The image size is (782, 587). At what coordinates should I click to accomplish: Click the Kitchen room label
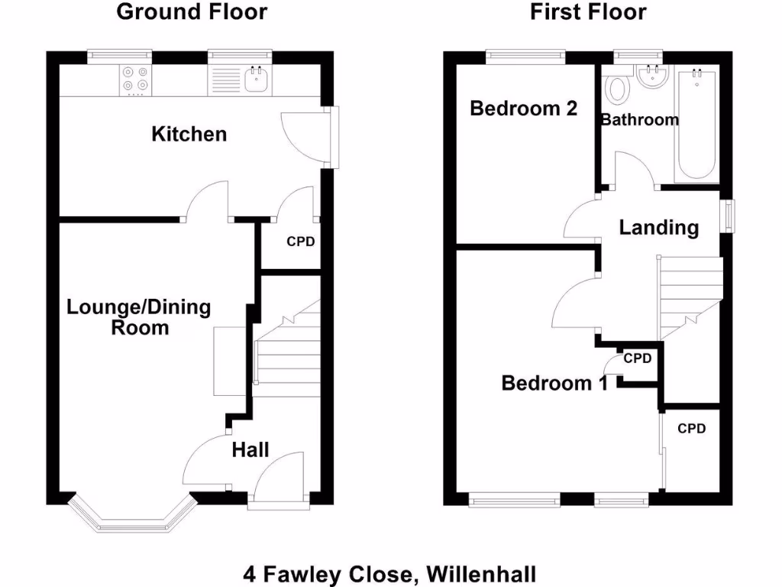click(189, 135)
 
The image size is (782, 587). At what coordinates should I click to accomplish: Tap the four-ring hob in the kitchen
click(135, 80)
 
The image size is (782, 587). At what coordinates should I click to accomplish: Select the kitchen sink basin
click(256, 79)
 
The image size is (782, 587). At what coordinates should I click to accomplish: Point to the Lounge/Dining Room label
click(139, 317)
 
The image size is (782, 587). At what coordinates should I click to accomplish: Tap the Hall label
click(250, 449)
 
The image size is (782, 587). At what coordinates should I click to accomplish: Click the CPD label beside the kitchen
click(300, 242)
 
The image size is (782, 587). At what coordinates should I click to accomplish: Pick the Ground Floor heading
click(192, 12)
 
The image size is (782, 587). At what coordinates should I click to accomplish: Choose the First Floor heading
click(588, 12)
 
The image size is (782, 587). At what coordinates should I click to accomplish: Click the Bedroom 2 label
click(523, 109)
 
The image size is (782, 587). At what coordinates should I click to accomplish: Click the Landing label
click(658, 227)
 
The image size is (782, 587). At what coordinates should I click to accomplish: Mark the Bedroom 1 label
click(554, 382)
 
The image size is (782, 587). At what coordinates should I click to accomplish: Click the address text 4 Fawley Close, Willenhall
click(390, 572)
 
